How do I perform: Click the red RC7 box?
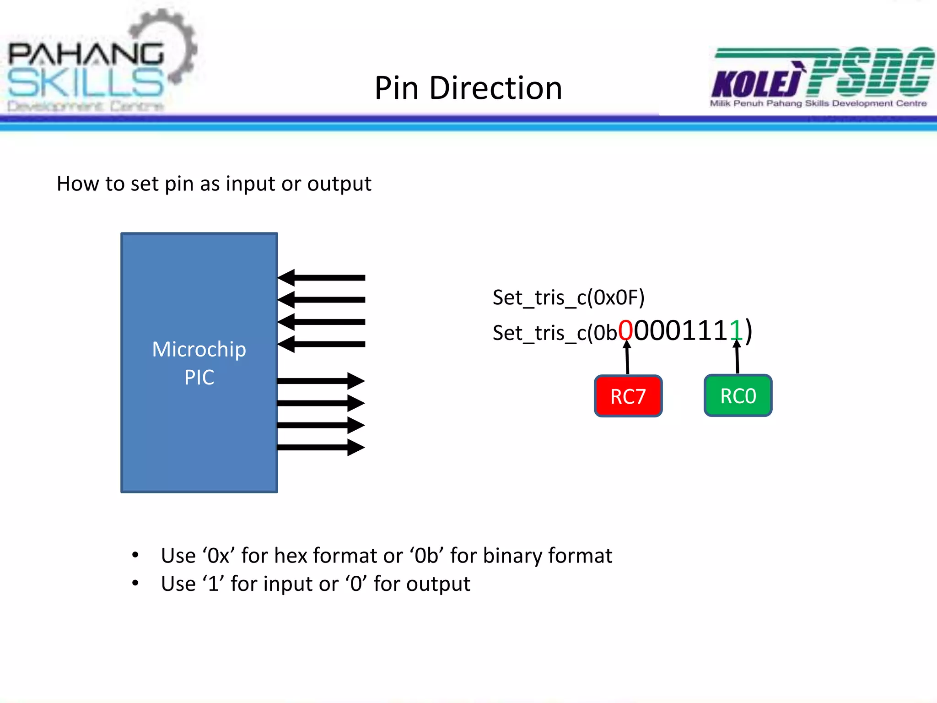[628, 396]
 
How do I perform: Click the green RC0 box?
[738, 395]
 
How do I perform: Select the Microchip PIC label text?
[199, 363]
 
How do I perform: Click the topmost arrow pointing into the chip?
[321, 277]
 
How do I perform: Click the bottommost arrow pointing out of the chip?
[321, 447]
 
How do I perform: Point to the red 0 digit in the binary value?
[625, 330]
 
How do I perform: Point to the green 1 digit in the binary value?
[736, 330]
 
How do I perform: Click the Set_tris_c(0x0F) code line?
[568, 297]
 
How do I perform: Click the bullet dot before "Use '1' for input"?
[135, 583]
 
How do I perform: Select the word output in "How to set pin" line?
[339, 184]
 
